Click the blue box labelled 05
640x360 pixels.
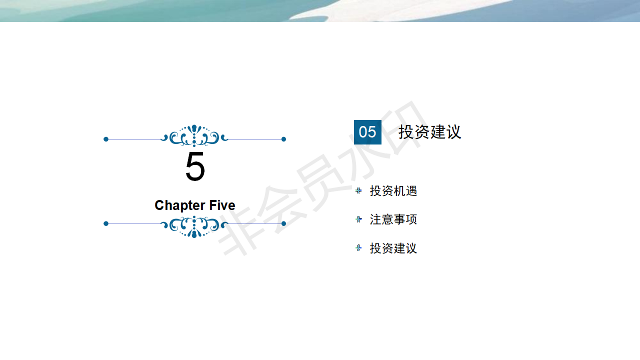pos(367,132)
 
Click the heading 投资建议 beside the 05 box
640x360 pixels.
pos(429,132)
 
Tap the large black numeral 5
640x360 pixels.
pos(195,166)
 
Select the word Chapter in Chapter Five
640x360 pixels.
pos(179,205)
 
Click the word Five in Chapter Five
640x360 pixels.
pos(222,205)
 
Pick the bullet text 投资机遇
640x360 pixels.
pos(393,191)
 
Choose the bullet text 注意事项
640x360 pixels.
pos(393,219)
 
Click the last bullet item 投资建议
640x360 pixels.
pos(393,248)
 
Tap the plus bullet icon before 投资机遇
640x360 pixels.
pos(358,190)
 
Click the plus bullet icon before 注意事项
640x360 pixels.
pos(358,219)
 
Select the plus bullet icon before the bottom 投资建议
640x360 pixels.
pos(358,247)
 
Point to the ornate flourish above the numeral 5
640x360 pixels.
pos(194,135)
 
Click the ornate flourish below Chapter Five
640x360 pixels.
pos(194,227)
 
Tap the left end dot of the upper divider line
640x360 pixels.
pos(106,139)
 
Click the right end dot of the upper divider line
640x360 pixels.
pos(283,139)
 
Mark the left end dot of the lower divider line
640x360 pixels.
pos(106,223)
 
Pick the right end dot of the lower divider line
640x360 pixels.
pos(283,223)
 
